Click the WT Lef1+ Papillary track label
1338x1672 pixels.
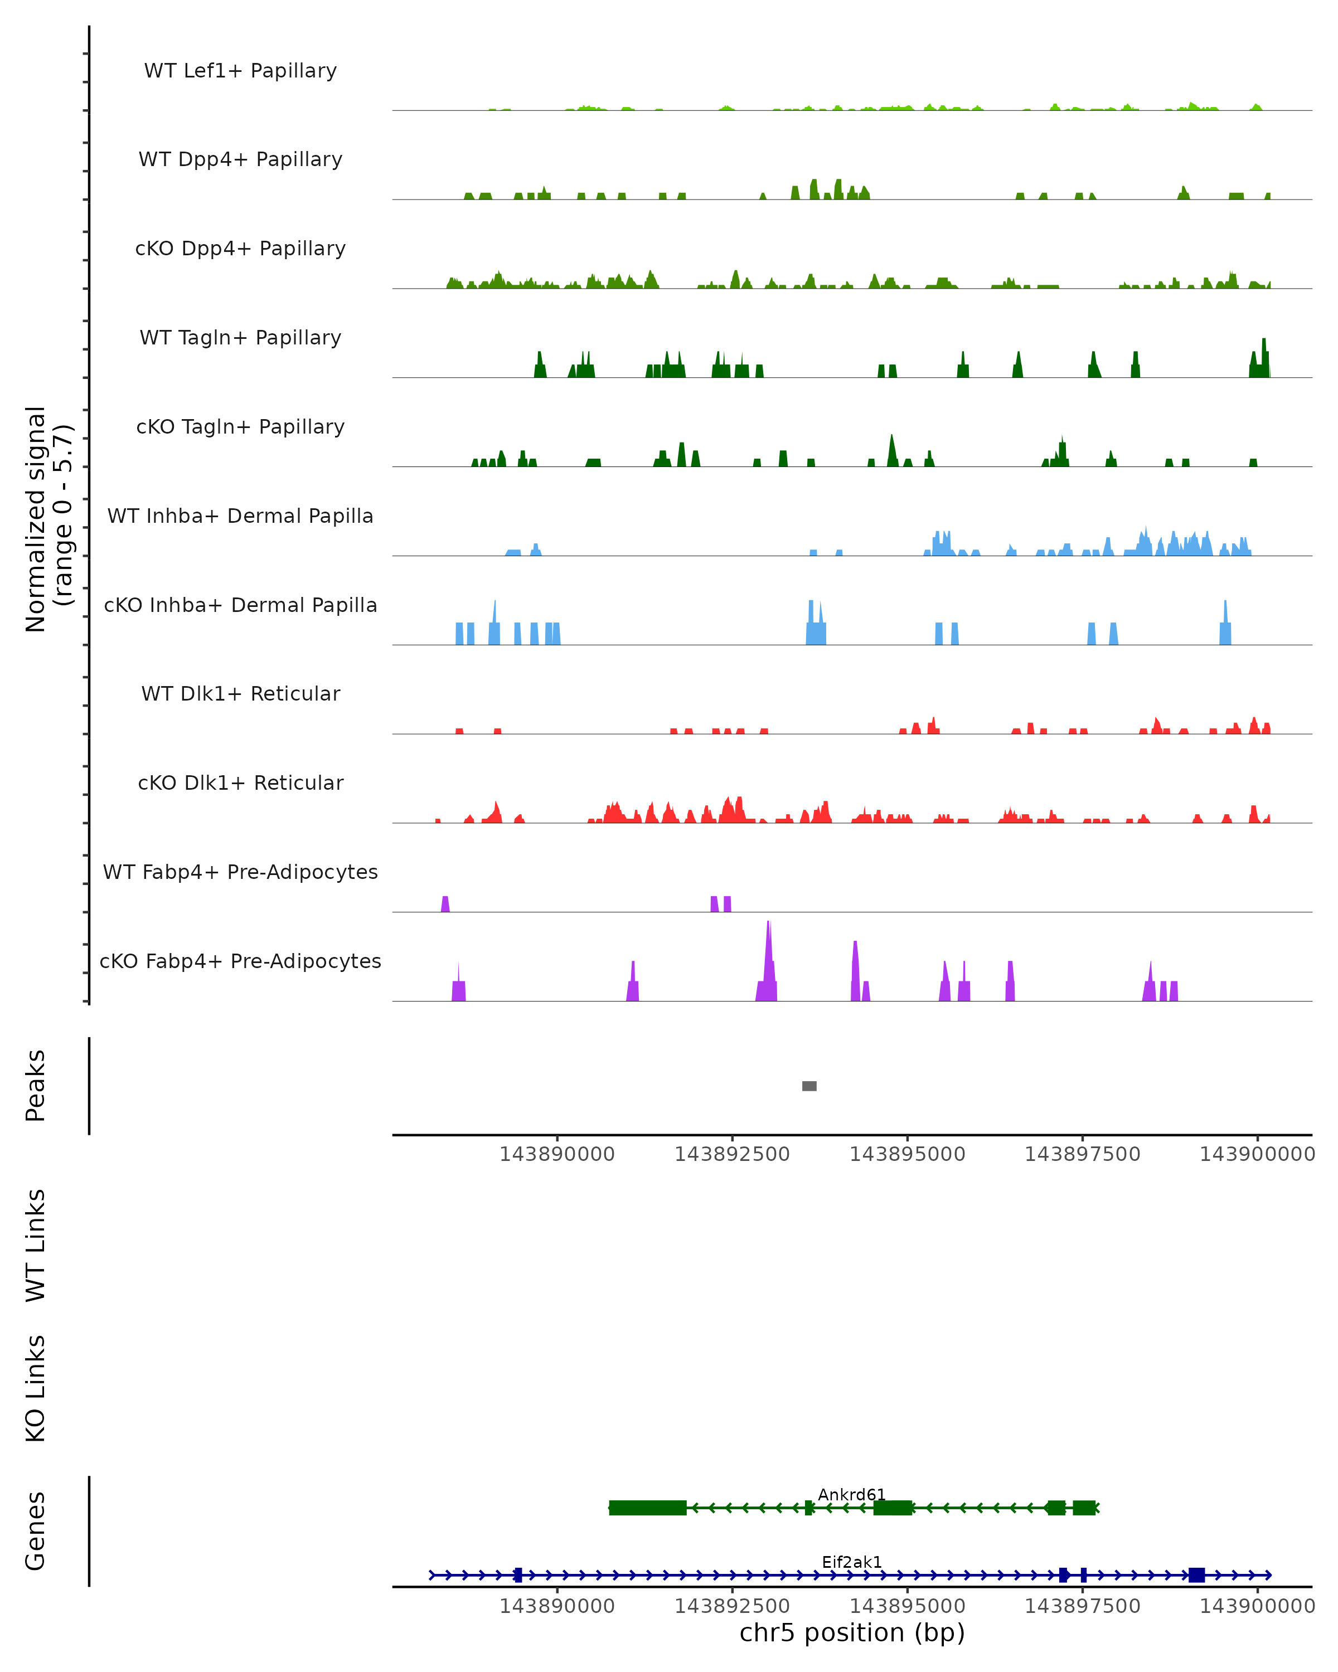240,71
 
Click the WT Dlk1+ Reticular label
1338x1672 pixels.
240,693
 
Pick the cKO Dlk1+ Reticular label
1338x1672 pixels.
240,782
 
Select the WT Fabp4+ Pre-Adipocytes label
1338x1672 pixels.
240,872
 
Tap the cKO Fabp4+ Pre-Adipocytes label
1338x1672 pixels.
240,961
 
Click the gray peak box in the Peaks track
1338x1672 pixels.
809,1086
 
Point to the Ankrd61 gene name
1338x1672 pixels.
852,1494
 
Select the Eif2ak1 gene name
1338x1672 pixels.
852,1562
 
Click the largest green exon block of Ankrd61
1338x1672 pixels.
648,1508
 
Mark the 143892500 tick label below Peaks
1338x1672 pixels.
731,1155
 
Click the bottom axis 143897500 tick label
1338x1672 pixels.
1082,1606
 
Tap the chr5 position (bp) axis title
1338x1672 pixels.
852,1633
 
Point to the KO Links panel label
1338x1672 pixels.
36,1389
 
